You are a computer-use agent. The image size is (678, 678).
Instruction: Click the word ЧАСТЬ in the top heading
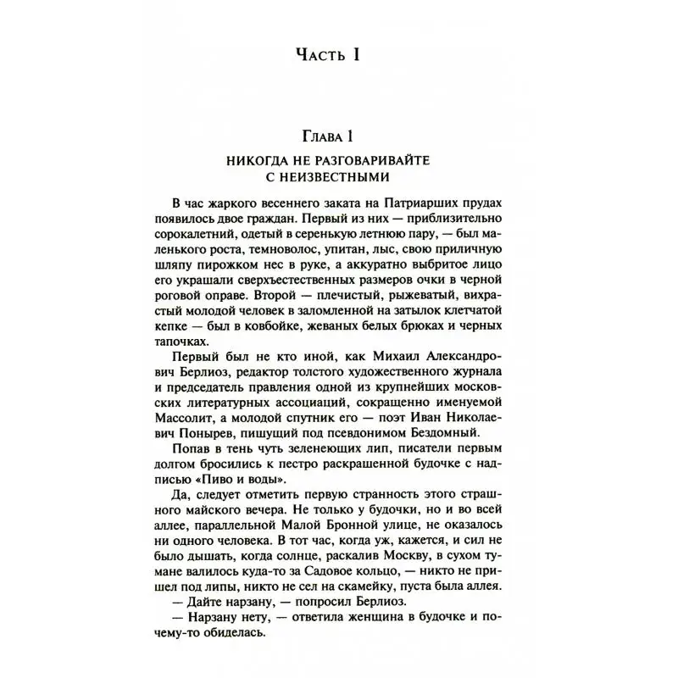tap(318, 57)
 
